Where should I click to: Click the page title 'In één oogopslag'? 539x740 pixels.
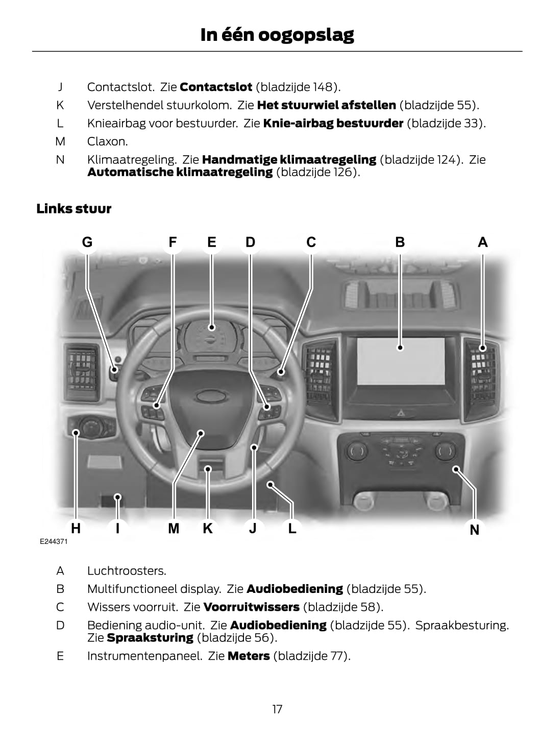(277, 35)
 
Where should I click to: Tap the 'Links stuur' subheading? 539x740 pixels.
(73, 208)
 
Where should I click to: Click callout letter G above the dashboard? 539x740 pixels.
(87, 242)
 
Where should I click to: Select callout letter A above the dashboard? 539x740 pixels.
(482, 242)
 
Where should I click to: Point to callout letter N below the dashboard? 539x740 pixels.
(474, 530)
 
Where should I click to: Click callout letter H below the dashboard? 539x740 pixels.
(76, 528)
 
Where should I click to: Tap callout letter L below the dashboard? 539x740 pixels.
(292, 528)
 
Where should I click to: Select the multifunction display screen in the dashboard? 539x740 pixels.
(401, 361)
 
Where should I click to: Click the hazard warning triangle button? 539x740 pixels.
(400, 412)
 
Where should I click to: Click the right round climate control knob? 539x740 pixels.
(445, 450)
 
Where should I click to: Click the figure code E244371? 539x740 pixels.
(54, 541)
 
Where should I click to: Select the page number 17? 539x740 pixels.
(277, 709)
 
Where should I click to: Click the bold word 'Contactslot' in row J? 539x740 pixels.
(216, 87)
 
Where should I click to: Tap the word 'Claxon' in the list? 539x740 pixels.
(107, 141)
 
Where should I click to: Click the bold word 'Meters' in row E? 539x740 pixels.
(249, 656)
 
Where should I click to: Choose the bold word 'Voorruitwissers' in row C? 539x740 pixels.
(251, 607)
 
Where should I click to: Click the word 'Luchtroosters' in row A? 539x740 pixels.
(127, 570)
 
